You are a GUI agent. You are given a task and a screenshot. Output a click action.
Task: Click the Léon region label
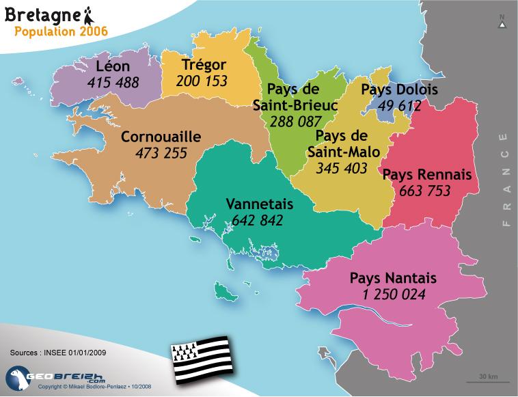click(x=113, y=67)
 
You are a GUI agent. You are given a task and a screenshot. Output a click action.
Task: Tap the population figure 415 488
click(x=113, y=83)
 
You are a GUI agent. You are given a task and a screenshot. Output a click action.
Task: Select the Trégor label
click(x=204, y=65)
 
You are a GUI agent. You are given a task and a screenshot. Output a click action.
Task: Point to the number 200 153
click(x=202, y=81)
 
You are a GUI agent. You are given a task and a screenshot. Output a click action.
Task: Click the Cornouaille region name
click(x=161, y=137)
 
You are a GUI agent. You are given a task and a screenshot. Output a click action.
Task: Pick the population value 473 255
click(x=161, y=152)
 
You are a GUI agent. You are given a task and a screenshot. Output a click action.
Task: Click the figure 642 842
click(x=258, y=220)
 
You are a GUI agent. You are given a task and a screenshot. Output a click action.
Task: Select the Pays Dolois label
click(x=400, y=90)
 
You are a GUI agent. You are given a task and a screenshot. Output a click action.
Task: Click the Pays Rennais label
click(x=427, y=175)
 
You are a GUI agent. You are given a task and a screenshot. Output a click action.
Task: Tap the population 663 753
click(x=425, y=191)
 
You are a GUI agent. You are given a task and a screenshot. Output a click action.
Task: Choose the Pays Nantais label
click(x=393, y=279)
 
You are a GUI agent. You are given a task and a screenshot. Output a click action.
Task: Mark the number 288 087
click(x=295, y=122)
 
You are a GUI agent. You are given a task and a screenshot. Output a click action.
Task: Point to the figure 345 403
click(x=342, y=167)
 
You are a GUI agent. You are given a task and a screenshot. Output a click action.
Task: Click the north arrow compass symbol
click(x=502, y=22)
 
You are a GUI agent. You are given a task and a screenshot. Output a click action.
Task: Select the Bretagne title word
click(x=42, y=14)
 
